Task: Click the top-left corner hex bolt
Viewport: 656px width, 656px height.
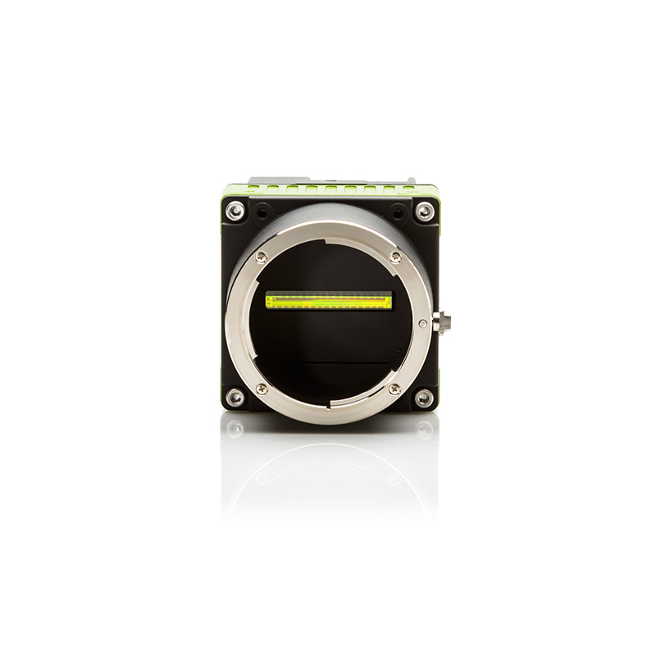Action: tap(235, 211)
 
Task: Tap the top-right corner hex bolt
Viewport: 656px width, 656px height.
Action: tap(423, 211)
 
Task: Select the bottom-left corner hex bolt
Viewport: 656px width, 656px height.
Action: tap(235, 398)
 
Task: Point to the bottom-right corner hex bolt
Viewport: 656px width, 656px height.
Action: tap(423, 398)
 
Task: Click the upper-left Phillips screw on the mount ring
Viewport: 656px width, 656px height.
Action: tap(262, 257)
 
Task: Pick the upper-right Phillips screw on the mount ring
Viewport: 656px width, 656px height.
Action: tap(396, 257)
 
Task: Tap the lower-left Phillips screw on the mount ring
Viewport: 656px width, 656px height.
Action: tap(262, 389)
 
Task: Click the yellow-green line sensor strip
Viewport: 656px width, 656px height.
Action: tap(329, 301)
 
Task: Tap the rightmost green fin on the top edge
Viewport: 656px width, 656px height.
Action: tap(408, 190)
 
